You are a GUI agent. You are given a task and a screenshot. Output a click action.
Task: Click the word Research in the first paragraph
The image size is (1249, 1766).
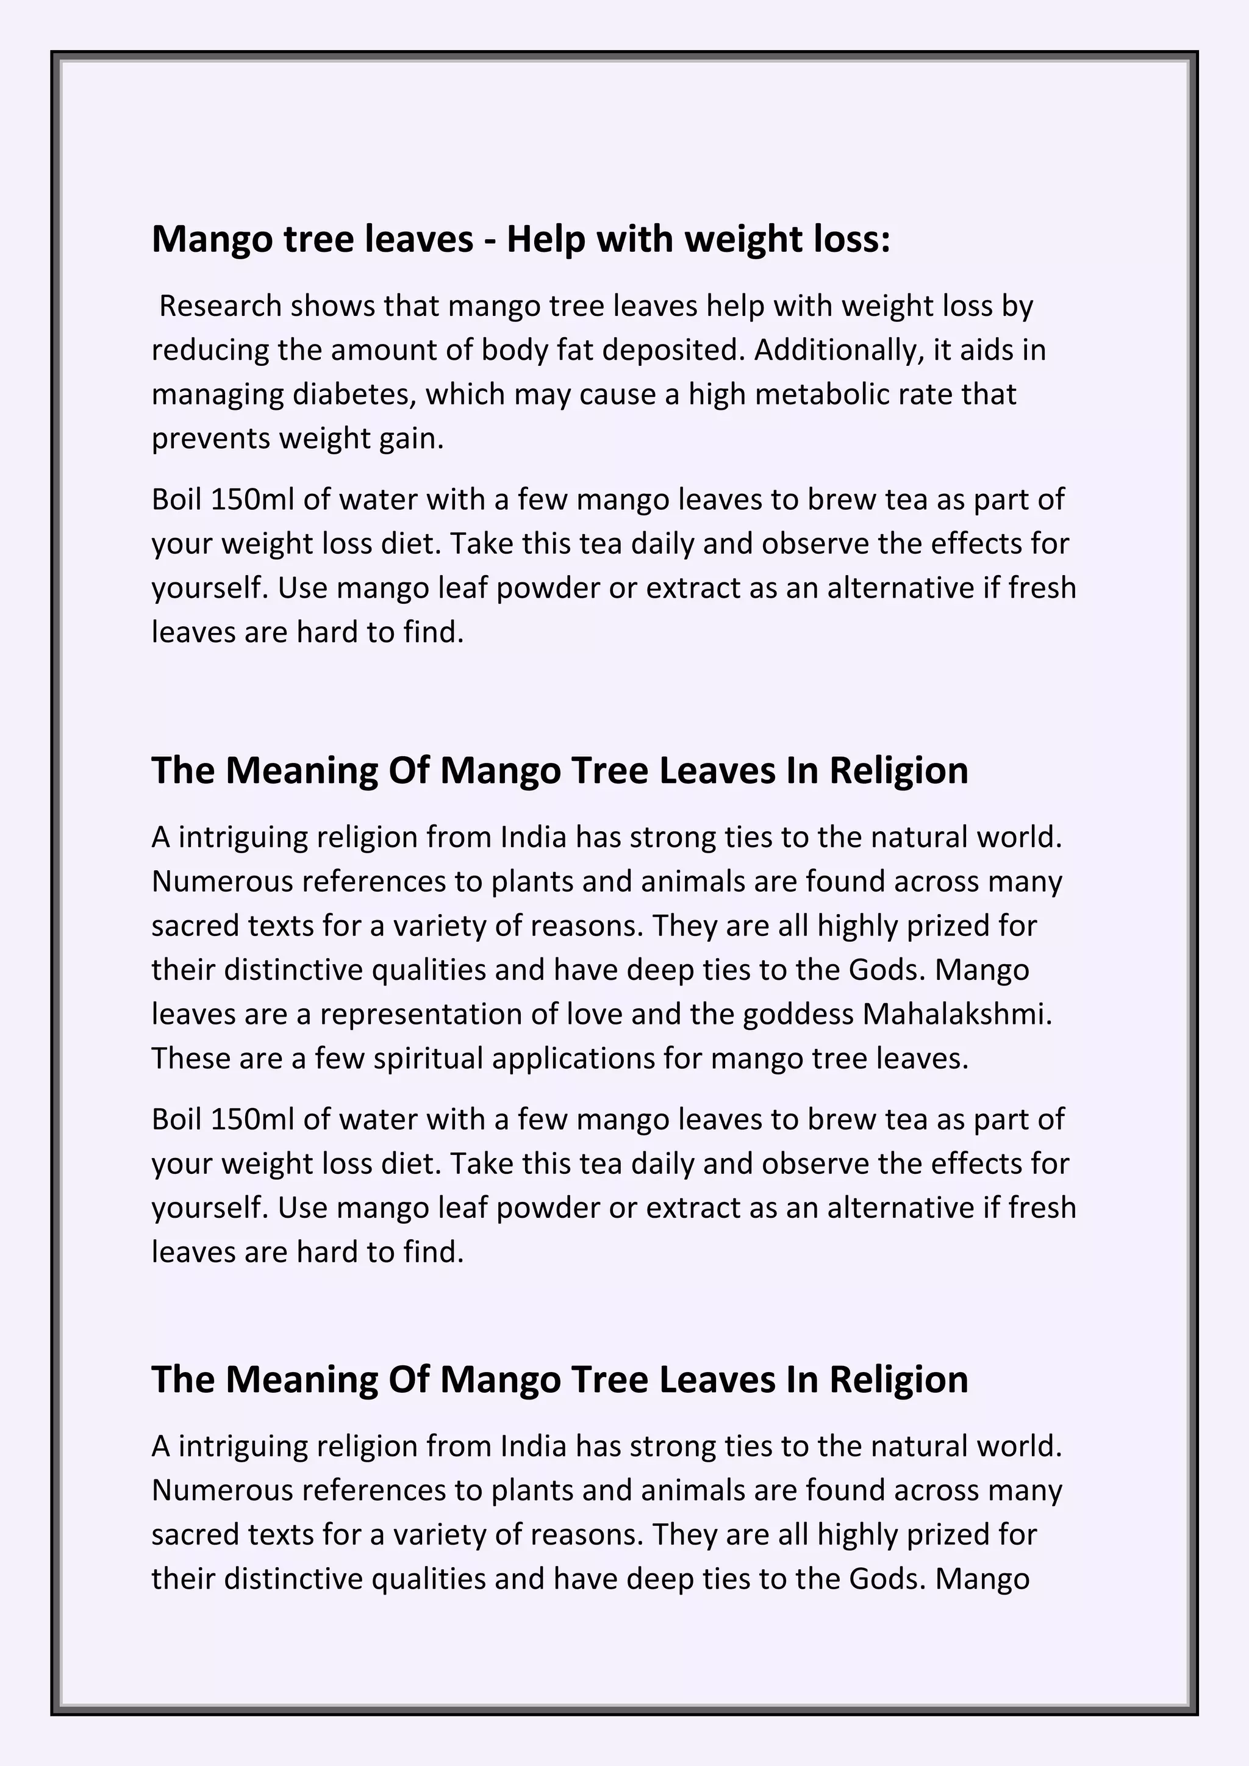[220, 306]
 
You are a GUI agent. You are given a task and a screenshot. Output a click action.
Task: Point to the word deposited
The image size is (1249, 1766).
[673, 350]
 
